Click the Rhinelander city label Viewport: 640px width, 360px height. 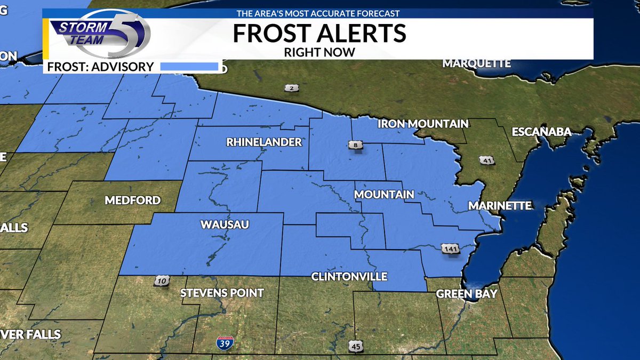[264, 142]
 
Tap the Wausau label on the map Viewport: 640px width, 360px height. [225, 225]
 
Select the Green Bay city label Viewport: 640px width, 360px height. [467, 294]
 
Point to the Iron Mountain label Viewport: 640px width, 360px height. [423, 124]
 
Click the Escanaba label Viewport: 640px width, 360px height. [541, 132]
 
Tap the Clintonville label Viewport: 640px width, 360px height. [349, 277]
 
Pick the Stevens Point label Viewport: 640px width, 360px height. [222, 293]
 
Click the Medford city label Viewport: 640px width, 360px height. [133, 201]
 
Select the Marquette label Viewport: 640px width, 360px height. [476, 63]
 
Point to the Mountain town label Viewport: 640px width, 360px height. [385, 195]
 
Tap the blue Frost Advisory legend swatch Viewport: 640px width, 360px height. [190, 67]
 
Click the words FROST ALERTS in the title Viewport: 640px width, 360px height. [319, 34]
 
